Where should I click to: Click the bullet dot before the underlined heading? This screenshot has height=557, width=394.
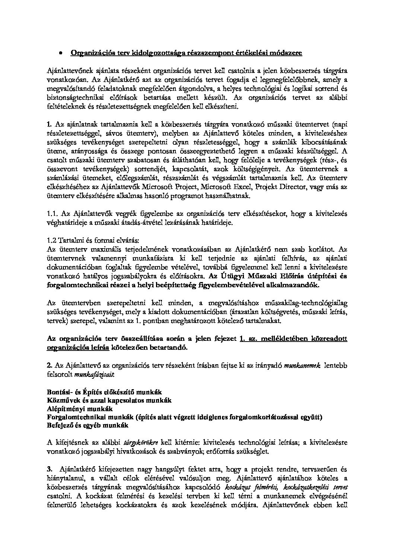click(60, 54)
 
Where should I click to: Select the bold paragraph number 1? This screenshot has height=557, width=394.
click(50, 124)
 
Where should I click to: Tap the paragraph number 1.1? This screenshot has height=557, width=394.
click(53, 214)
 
